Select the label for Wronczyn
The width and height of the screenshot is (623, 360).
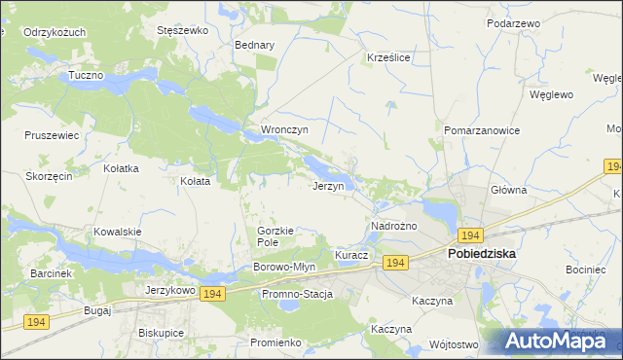coord(284,129)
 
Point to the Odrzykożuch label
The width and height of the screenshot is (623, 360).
coord(55,32)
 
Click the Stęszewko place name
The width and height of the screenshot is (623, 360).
coord(183,30)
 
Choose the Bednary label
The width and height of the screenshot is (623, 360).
coord(255,45)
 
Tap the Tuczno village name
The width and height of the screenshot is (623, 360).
coord(87,75)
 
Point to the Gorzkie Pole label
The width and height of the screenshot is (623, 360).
coord(275,235)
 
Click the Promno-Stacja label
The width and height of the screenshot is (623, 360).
coord(297,294)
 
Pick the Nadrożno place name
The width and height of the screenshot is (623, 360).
coord(394,226)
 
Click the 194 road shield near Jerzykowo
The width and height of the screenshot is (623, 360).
coord(213,293)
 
